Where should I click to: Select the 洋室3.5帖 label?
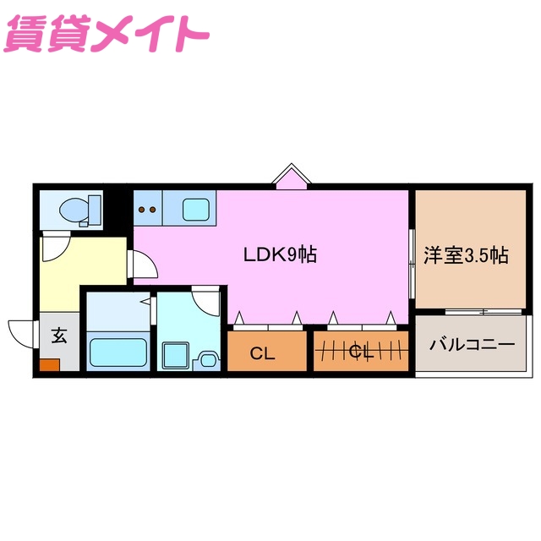(x=465, y=254)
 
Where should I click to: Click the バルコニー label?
(x=472, y=345)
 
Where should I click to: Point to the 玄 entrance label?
(x=59, y=336)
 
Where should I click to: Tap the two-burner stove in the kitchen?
(x=147, y=208)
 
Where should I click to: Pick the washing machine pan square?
(x=177, y=354)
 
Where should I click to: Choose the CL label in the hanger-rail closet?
(x=362, y=352)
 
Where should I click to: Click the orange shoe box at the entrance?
(x=49, y=365)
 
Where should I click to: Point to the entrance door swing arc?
(x=24, y=332)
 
